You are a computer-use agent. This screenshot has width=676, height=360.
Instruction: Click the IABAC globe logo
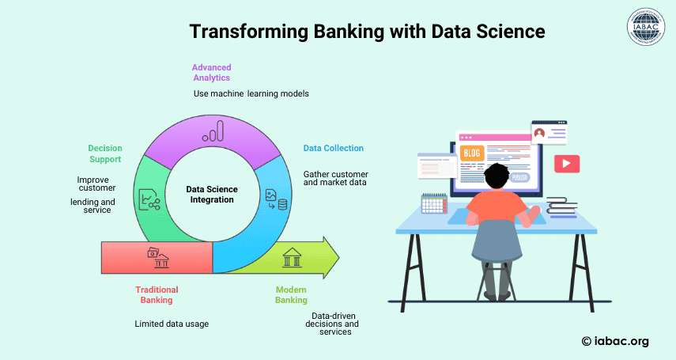pyautogui.click(x=646, y=27)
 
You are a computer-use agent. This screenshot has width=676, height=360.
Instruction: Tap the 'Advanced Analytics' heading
pyautogui.click(x=212, y=73)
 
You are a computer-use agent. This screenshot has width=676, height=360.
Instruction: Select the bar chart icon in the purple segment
pyautogui.click(x=213, y=131)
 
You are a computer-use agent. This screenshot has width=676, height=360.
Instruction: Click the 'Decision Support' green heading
pyautogui.click(x=105, y=153)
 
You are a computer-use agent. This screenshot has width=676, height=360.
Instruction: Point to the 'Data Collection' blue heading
pyautogui.click(x=334, y=148)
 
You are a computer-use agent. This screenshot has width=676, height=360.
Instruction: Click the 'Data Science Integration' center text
pyautogui.click(x=212, y=195)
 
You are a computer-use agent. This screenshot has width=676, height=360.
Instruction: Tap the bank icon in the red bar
pyautogui.click(x=158, y=257)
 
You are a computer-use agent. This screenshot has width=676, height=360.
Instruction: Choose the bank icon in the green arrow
pyautogui.click(x=292, y=258)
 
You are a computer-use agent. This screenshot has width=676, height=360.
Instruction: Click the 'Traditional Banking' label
pyautogui.click(x=157, y=295)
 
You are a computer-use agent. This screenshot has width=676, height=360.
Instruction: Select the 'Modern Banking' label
pyautogui.click(x=292, y=295)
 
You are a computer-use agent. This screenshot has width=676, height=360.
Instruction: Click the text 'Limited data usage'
pyautogui.click(x=172, y=324)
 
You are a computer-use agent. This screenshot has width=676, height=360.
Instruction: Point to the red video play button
pyautogui.click(x=567, y=164)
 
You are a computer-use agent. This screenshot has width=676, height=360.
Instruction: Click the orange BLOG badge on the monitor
pyautogui.click(x=472, y=153)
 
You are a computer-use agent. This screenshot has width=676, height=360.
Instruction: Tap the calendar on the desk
pyautogui.click(x=434, y=203)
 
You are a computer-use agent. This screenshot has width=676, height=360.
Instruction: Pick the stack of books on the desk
pyautogui.click(x=562, y=206)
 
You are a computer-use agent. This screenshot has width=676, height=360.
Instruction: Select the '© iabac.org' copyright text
pyautogui.click(x=615, y=341)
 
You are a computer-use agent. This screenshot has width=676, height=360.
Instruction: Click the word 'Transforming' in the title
pyautogui.click(x=249, y=32)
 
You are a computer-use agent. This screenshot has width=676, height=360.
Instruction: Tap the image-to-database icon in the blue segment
pyautogui.click(x=277, y=199)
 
